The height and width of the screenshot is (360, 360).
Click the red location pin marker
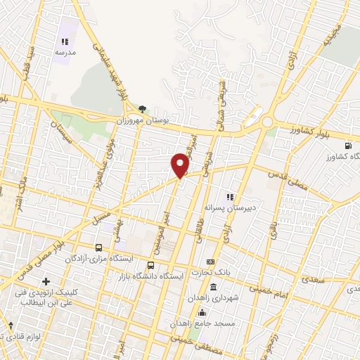pyautogui.click(x=181, y=165)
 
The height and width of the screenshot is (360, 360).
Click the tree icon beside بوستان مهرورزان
pyautogui.click(x=143, y=108)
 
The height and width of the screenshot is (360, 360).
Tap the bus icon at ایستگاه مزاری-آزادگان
pyautogui.click(x=98, y=248)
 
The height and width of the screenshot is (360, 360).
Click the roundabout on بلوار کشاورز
pyautogui.click(x=268, y=124)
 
